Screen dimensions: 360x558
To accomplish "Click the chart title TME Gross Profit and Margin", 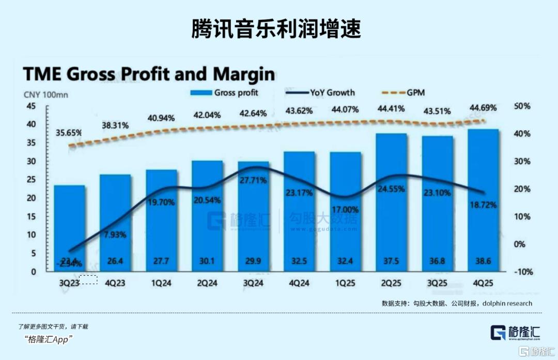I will (x=149, y=74).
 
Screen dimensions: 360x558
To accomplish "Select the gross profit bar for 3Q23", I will (x=70, y=227).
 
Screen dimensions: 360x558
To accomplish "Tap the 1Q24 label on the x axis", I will (x=161, y=283).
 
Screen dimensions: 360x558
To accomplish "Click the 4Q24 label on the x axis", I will (x=299, y=283).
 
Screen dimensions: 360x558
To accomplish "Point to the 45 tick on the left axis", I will (x=31, y=106).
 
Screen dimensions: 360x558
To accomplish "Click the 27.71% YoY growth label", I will (x=253, y=180).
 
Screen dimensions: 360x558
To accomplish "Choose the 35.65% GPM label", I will (x=69, y=133).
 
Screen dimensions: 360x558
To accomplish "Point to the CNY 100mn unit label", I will (x=45, y=95).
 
